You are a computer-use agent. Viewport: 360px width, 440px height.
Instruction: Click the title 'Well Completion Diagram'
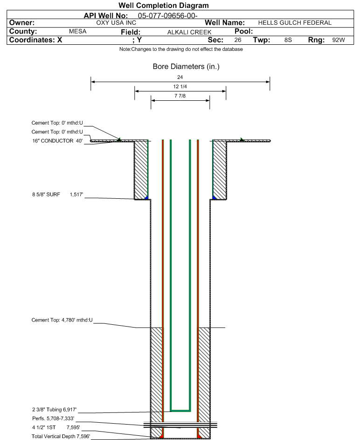(x=164, y=5)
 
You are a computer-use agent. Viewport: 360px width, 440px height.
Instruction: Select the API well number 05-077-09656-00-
(x=168, y=16)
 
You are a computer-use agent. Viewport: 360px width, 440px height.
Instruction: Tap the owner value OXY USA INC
(x=116, y=23)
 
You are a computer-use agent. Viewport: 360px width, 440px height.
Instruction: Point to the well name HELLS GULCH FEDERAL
(x=295, y=23)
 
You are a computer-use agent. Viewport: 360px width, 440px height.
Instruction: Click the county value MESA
(x=78, y=31)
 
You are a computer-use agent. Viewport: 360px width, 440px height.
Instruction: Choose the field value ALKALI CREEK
(x=189, y=32)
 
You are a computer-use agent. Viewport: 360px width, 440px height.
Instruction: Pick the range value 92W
(x=339, y=40)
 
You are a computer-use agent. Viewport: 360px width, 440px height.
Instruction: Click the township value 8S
(x=288, y=40)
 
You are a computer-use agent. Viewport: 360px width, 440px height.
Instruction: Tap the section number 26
(x=238, y=40)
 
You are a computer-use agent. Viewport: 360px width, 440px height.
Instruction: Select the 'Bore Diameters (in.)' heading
(x=186, y=67)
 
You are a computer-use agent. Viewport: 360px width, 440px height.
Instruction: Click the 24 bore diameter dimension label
(x=180, y=77)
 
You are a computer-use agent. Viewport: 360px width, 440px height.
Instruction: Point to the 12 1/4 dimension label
(x=180, y=86)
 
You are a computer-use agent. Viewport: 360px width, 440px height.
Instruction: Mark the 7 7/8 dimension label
(x=180, y=96)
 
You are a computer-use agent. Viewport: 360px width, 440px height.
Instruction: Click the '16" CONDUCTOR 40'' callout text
(x=57, y=141)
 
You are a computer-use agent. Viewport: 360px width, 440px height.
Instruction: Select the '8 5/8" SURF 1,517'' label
(x=57, y=195)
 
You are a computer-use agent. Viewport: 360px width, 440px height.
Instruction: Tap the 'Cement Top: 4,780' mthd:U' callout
(x=62, y=320)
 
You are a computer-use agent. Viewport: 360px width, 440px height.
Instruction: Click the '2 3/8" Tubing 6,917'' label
(x=55, y=410)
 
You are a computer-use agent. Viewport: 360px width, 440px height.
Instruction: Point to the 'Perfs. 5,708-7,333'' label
(x=53, y=419)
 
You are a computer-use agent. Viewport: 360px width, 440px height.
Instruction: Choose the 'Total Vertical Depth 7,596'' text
(x=61, y=436)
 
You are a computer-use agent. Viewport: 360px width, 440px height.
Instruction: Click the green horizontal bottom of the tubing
(x=180, y=411)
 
